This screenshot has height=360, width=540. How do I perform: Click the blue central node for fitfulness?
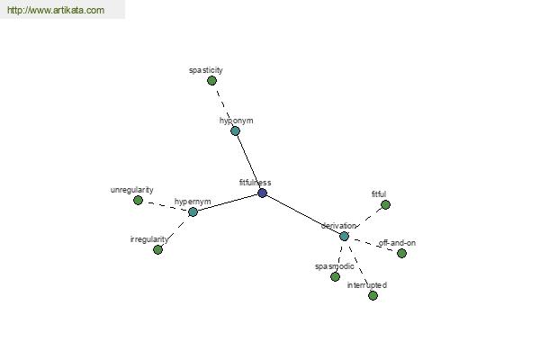point(263,193)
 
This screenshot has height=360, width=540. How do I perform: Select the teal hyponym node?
point(235,130)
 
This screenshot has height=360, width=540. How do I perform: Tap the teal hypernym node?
point(193,211)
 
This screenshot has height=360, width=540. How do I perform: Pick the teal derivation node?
point(344,237)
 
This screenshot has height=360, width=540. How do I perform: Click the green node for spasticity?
point(211,81)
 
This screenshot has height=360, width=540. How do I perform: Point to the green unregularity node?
point(138,200)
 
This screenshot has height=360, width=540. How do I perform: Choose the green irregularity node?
point(157,249)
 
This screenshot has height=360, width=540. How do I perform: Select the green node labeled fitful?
point(386,205)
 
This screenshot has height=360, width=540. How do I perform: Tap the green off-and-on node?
point(401,253)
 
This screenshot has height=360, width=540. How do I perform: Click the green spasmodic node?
point(335,276)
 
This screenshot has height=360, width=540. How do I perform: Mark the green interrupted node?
point(373,295)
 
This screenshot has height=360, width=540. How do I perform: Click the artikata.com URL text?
point(56,10)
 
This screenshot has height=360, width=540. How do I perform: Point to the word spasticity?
point(206,70)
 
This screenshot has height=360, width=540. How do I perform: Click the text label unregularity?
point(132,190)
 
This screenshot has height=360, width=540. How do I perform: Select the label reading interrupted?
point(367,285)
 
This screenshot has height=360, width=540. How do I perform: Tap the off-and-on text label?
point(397,243)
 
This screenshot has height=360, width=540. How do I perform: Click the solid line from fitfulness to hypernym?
point(228,202)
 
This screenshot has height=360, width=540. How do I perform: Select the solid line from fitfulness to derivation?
point(303,214)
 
